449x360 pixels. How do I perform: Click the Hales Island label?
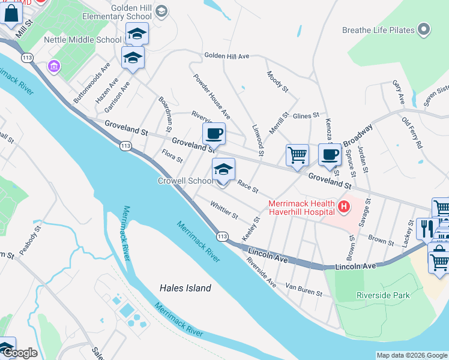[185, 288]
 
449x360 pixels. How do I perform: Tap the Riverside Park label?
[383, 295]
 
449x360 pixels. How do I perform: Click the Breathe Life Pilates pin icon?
[425, 29]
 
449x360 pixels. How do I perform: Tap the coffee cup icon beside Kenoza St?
[330, 154]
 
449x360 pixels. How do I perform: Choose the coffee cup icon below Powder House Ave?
[213, 133]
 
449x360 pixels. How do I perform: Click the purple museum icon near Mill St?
[54, 65]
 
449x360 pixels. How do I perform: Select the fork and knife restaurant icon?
[427, 229]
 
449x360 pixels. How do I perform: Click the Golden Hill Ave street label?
[226, 56]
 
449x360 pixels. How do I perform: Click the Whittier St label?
[224, 210]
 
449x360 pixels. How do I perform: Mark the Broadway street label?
[358, 134]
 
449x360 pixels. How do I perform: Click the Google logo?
[20, 353]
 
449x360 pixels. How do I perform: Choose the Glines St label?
[306, 115]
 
